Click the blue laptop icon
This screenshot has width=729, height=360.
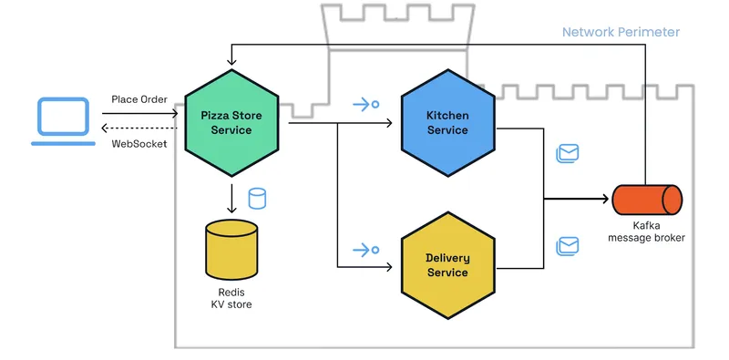(x=61, y=122)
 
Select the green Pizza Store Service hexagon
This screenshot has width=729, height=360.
(x=231, y=122)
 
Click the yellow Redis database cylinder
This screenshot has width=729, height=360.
(x=231, y=249)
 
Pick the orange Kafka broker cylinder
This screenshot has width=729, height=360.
(x=646, y=198)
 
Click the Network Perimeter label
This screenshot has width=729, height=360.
(x=621, y=32)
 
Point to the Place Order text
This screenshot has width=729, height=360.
(x=139, y=98)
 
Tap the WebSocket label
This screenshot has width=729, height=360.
(x=139, y=143)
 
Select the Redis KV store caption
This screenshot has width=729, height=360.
(x=231, y=297)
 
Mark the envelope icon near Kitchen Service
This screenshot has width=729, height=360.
(x=568, y=153)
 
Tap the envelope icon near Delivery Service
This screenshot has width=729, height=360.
(x=568, y=245)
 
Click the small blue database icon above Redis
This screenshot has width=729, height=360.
(x=258, y=198)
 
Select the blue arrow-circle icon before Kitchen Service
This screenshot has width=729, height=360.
(x=365, y=104)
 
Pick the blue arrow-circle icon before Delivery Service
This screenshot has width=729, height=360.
(x=365, y=249)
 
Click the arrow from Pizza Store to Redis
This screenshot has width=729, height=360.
(x=231, y=199)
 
